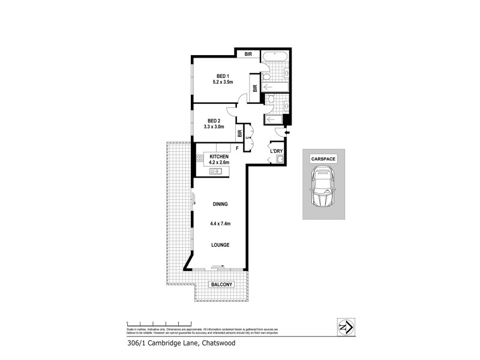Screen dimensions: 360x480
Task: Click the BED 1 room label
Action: click(x=222, y=76)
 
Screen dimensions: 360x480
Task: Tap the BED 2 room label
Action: click(x=214, y=120)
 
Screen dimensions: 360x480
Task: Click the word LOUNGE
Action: click(x=221, y=245)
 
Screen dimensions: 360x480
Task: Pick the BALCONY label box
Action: click(x=220, y=285)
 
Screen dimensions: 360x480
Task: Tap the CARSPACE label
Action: click(x=323, y=159)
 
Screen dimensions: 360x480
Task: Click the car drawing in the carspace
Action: click(x=323, y=188)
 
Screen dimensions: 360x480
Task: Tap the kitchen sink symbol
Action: click(x=216, y=172)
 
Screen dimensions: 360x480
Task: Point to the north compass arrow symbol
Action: click(x=344, y=326)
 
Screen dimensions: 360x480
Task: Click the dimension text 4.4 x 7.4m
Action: click(x=221, y=224)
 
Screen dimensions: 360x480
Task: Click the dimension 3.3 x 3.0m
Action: click(x=214, y=127)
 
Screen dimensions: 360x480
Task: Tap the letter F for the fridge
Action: click(x=237, y=148)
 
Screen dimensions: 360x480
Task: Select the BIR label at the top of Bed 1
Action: click(x=247, y=54)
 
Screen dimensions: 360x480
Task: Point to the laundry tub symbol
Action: click(x=278, y=159)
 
